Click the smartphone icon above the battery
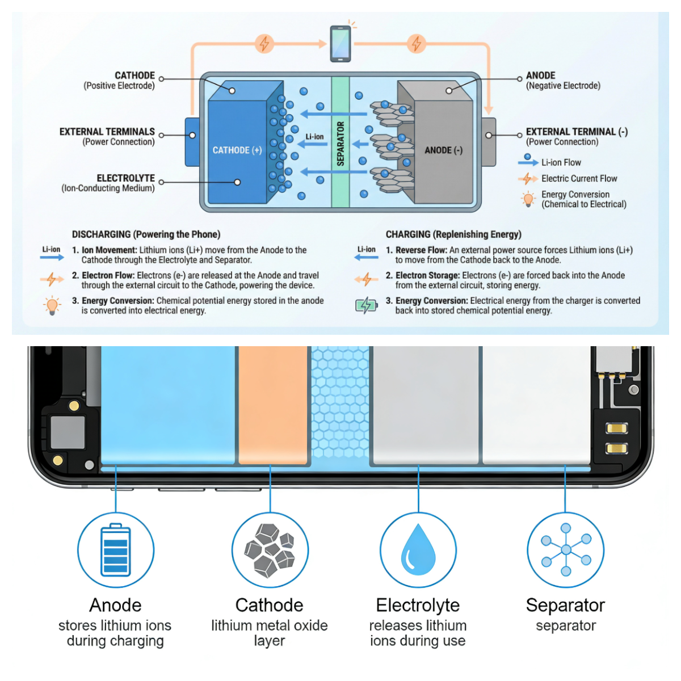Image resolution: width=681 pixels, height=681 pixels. click(340, 43)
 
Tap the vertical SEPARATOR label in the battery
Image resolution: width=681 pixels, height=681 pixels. click(340, 144)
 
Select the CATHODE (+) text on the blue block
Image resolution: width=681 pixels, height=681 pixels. click(237, 150)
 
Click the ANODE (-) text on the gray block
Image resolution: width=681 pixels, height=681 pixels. click(443, 150)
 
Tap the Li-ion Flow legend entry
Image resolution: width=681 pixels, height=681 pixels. click(561, 162)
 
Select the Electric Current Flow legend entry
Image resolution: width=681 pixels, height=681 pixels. click(579, 178)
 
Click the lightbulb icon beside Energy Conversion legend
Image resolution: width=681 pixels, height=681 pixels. click(528, 199)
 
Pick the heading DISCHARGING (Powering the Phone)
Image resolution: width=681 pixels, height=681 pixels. click(146, 234)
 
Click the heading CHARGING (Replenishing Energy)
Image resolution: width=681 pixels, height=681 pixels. click(453, 234)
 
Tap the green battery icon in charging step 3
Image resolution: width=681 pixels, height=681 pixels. click(366, 305)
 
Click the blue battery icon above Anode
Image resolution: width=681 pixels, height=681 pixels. click(116, 550)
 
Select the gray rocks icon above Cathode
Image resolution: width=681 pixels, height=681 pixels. click(270, 550)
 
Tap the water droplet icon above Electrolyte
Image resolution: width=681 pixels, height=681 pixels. click(418, 550)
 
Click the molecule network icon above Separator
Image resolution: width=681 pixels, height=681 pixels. click(566, 550)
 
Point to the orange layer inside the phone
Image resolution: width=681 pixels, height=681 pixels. click(273, 405)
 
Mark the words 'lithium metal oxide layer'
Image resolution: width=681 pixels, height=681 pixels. click(270, 633)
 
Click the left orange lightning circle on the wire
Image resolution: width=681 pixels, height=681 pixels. click(264, 44)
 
